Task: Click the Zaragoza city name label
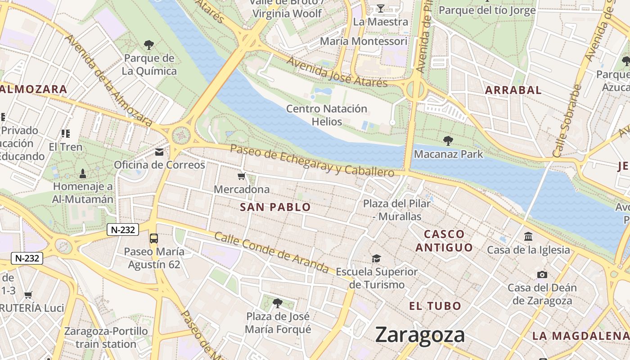point(420,335)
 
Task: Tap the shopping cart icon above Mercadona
point(242,176)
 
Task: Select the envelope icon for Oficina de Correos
point(159,152)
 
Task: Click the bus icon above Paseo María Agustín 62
point(154,238)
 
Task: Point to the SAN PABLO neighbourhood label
point(275,207)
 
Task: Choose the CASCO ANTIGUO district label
point(444,241)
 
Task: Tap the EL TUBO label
point(435,306)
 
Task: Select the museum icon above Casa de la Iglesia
point(528,236)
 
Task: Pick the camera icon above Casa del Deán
point(542,274)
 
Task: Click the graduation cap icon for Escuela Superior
point(376,258)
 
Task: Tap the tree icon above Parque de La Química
point(149,45)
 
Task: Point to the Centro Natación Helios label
point(327,115)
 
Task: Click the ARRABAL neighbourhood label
point(513,90)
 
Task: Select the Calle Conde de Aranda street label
point(271,252)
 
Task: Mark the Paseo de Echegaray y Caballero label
point(312,161)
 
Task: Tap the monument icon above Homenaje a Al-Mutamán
point(83,173)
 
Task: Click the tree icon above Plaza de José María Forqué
point(278,303)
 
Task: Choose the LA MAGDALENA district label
point(580,336)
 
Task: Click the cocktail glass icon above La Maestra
point(381,9)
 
